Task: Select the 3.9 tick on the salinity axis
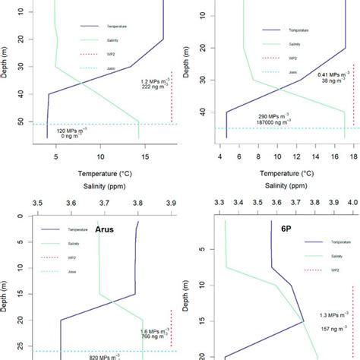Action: point(170,204)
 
